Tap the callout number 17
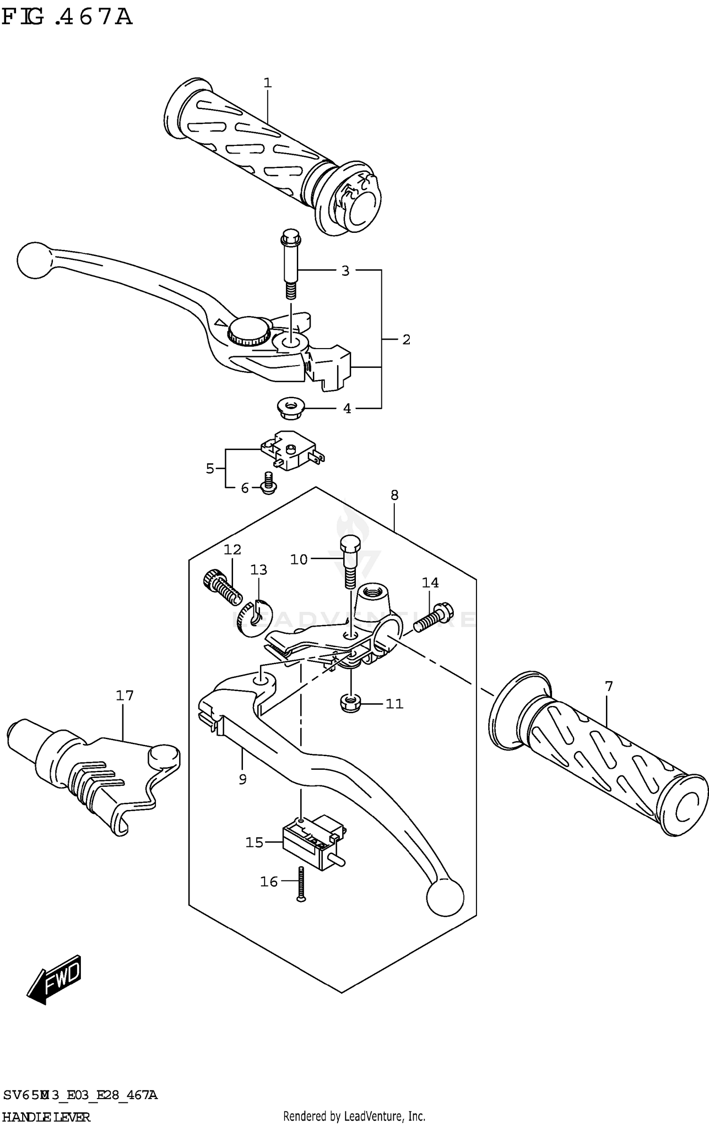125,695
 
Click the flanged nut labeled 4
291,408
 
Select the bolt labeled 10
350,562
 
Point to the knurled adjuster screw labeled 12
222,588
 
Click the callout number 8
395,495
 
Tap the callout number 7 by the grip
608,686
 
